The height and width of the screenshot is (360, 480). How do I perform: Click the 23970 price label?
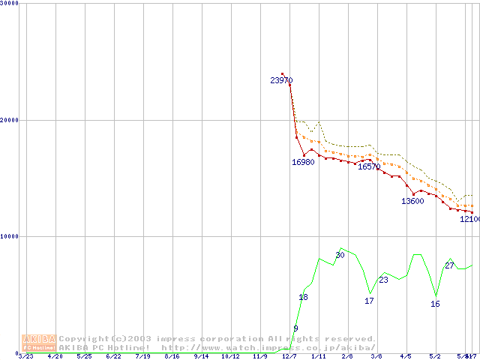pos(281,80)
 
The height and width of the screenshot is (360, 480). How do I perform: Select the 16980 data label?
pos(303,162)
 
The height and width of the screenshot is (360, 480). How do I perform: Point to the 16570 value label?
pos(369,166)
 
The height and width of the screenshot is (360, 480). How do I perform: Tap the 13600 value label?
pos(412,201)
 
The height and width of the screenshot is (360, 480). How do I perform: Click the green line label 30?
pos(340,255)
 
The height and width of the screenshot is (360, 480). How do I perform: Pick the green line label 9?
pos(296,328)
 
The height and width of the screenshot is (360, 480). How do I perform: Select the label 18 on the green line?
pos(303,298)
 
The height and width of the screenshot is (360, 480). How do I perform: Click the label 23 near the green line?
pos(383,280)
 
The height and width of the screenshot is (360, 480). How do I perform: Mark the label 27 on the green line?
pos(449,265)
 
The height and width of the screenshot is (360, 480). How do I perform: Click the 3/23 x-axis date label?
pos(25,357)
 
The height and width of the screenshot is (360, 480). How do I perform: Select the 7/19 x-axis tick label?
pos(142,357)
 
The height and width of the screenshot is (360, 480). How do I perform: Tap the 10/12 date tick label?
pos(230,357)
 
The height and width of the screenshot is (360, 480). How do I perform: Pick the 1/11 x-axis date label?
pos(319,357)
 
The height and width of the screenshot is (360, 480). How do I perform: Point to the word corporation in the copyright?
pos(228,339)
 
